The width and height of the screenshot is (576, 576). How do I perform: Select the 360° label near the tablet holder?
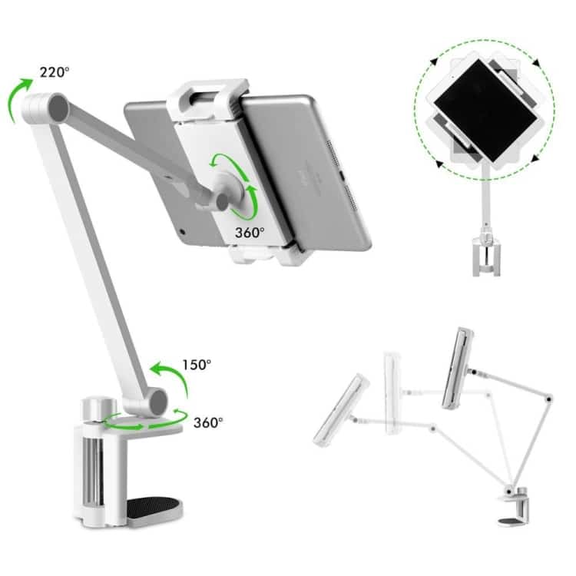[250, 232]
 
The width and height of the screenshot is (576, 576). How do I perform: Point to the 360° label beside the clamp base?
[208, 422]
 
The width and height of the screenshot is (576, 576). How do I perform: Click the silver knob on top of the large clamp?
[98, 408]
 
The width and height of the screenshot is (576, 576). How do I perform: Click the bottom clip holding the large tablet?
[269, 253]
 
